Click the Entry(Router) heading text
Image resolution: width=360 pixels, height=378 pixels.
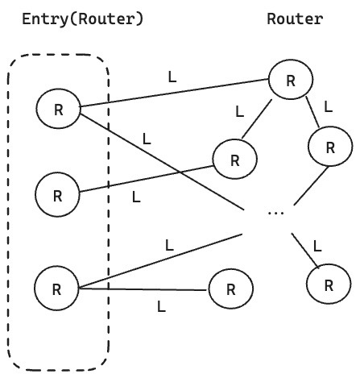(x=84, y=19)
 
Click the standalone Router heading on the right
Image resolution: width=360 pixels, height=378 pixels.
(x=295, y=19)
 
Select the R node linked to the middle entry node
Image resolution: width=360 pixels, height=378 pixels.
(x=234, y=159)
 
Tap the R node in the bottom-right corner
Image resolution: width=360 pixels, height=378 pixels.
(x=329, y=284)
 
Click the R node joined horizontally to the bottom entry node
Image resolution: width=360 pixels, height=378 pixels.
(x=230, y=289)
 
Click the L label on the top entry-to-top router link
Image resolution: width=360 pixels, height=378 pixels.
(x=171, y=77)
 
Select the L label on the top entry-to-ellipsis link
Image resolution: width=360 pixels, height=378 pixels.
(x=146, y=138)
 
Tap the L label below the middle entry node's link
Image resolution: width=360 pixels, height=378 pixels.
(x=135, y=196)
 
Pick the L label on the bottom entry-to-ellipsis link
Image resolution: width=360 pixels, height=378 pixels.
(x=168, y=244)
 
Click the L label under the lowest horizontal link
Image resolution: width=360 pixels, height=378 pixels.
(x=161, y=306)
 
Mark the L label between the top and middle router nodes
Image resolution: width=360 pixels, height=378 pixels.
(x=239, y=110)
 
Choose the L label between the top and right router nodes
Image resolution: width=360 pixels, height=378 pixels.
(x=327, y=106)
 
